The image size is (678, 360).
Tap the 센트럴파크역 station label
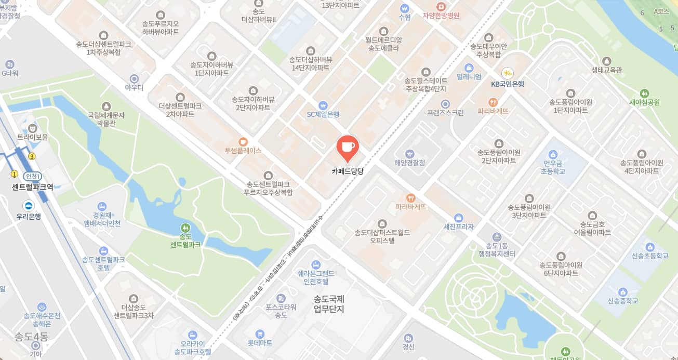[x=33, y=187]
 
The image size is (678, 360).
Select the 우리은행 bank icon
[x=28, y=206]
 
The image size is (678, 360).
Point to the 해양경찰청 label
[x=410, y=163]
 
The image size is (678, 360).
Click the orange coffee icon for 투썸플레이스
[x=243, y=141]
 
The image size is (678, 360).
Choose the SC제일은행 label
[x=323, y=114]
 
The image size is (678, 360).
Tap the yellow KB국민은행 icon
[x=507, y=73]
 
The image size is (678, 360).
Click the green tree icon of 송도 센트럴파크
[x=185, y=228]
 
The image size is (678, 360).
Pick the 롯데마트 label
[x=260, y=343]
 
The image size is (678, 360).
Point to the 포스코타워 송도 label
[x=281, y=311]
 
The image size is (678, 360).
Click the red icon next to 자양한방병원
[x=441, y=6]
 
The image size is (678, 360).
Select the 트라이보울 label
[x=32, y=137]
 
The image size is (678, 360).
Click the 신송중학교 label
[x=622, y=301]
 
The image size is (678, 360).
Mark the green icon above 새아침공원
[x=644, y=94]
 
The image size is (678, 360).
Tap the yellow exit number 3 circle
[x=32, y=156]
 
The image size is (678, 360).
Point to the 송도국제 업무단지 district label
[x=329, y=304]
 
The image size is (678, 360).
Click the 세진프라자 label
[x=458, y=227]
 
